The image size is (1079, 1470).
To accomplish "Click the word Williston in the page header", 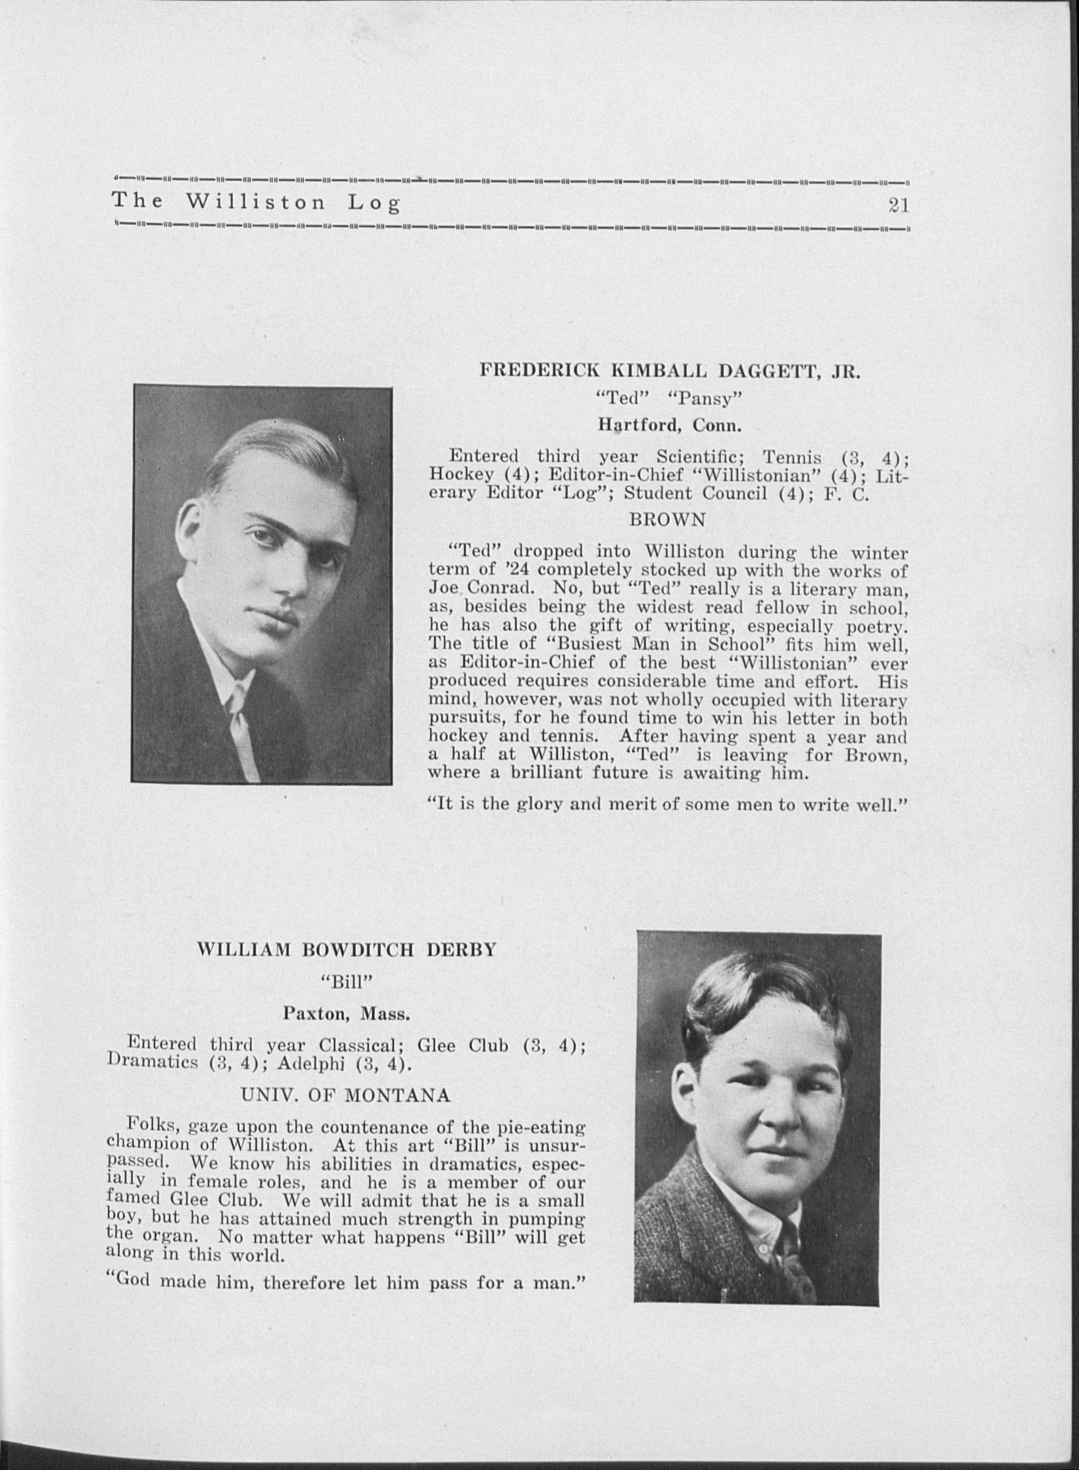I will click(255, 202).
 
